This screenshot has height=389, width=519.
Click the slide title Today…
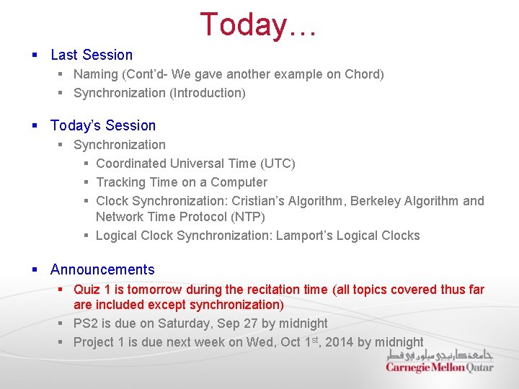(259, 24)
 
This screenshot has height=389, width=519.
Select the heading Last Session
(92, 55)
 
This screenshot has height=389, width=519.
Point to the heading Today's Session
(103, 125)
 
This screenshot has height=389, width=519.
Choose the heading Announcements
(102, 269)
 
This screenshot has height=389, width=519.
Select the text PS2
(85, 323)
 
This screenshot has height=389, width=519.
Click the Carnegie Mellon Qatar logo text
(439, 367)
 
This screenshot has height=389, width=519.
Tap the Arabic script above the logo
(439, 354)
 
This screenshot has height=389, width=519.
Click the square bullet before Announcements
(35, 270)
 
